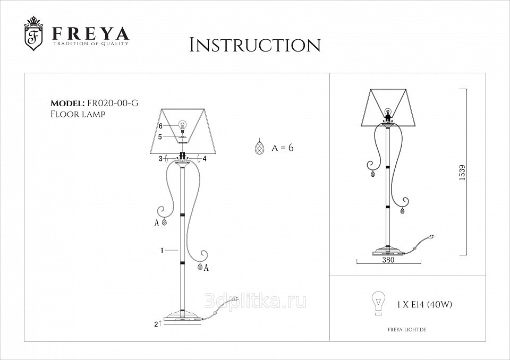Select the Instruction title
(255, 45)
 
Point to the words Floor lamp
(78, 114)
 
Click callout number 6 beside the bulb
(160, 126)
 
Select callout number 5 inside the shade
(160, 137)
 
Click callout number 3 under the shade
(160, 159)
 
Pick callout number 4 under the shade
(205, 159)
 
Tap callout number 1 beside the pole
(161, 250)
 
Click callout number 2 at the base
(156, 324)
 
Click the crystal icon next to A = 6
(259, 147)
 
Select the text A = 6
(282, 148)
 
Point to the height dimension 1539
(462, 173)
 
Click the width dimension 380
(388, 260)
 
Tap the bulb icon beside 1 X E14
(378, 303)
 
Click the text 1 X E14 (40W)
(424, 305)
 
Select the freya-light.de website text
(407, 330)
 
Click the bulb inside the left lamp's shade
(183, 125)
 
